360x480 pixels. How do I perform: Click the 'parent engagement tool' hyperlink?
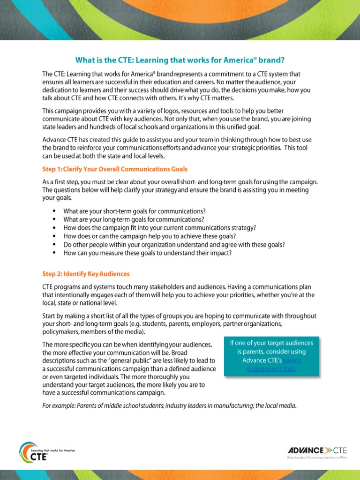coord(271,365)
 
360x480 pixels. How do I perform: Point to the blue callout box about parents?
coord(271,356)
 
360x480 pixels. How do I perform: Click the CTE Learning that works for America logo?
coord(46,452)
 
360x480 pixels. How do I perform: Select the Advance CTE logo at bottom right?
coord(317,450)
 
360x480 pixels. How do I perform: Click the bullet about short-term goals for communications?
coord(135,211)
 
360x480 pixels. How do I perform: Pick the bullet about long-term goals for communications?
coord(134,219)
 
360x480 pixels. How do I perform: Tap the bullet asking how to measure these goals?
coord(148,253)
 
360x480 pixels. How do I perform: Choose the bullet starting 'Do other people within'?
coord(174,245)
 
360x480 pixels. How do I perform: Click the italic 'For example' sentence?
coord(169,405)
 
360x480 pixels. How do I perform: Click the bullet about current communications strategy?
coord(160,228)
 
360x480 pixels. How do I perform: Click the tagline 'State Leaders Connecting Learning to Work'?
coord(317,457)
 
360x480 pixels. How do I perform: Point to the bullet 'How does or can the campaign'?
coord(150,236)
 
